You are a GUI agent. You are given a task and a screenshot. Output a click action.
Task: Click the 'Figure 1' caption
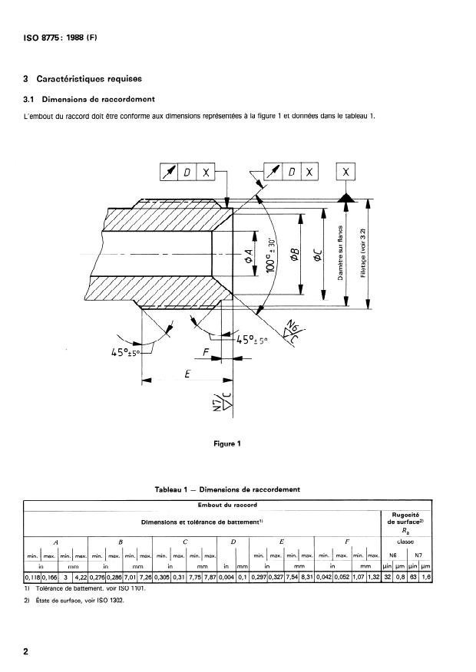(x=228, y=443)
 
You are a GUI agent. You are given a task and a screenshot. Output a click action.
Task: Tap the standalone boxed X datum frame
(x=347, y=173)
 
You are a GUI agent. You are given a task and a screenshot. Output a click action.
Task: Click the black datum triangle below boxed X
(x=347, y=198)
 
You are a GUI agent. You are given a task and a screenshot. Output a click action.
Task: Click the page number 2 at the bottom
(x=27, y=652)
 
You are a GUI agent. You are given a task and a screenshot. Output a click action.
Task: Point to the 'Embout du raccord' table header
(x=228, y=505)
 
